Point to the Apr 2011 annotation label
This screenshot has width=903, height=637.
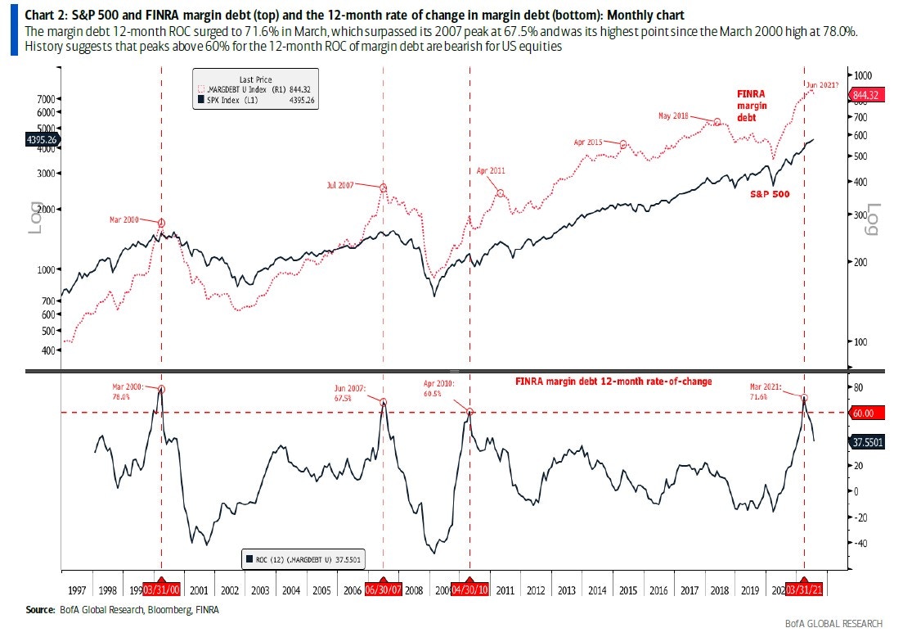click(x=492, y=170)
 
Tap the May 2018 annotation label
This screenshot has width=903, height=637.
click(x=674, y=115)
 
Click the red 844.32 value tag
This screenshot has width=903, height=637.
click(x=865, y=95)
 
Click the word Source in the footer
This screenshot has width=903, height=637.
click(x=40, y=610)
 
